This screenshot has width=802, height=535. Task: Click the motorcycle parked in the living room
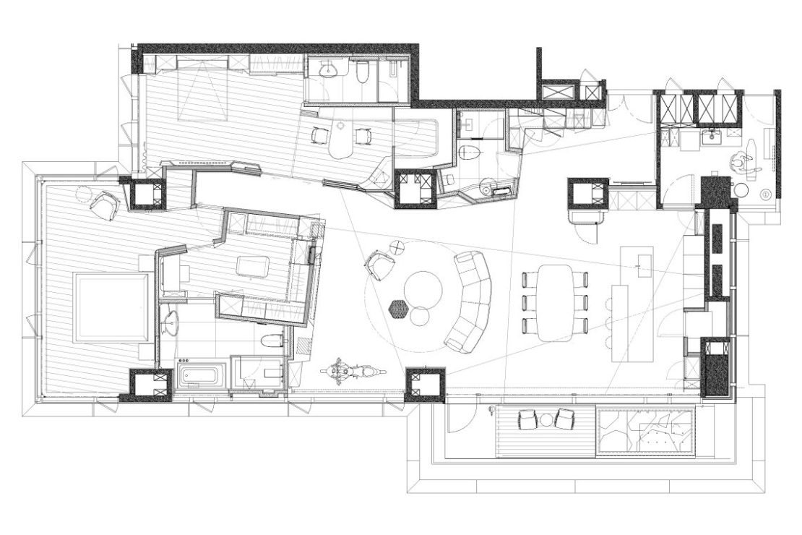coord(353,372)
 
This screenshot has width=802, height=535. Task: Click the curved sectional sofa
coord(472,301)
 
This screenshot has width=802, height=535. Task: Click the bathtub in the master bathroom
coord(201,376)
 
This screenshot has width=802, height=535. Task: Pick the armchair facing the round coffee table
coord(380,265)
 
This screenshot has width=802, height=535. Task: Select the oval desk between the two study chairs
coord(340,143)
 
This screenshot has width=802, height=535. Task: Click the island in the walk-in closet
coord(253,266)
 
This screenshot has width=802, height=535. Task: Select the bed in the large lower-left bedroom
coord(113,307)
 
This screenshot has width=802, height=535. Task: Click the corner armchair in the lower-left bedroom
coord(105,205)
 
